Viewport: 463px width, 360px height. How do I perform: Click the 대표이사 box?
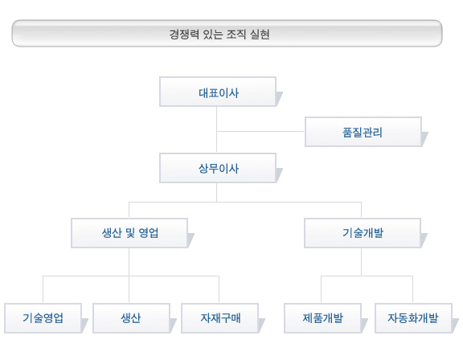[x=218, y=92]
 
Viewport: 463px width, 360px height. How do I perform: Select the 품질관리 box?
[x=363, y=132]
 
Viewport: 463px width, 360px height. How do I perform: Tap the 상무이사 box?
[x=218, y=168]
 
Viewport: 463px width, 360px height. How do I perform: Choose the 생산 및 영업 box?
[x=129, y=233]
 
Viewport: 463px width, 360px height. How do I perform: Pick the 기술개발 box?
[x=363, y=233]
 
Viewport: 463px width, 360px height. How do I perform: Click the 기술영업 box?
[x=43, y=318]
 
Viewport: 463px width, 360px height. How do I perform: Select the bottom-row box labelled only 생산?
[x=131, y=318]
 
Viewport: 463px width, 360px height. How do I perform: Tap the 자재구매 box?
[x=219, y=318]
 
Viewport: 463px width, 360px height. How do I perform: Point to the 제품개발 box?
[x=322, y=318]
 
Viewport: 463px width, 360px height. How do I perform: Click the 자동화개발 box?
[x=413, y=318]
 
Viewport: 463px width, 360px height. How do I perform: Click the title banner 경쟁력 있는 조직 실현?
[x=227, y=33]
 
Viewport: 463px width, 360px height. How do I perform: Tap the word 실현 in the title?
[x=260, y=35]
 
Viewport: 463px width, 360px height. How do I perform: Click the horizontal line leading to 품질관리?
[x=260, y=131]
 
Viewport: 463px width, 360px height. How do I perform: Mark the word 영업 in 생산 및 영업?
[x=149, y=233]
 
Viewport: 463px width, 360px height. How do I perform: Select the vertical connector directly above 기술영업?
[x=43, y=289]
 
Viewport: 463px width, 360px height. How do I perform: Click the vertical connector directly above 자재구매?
[x=219, y=289]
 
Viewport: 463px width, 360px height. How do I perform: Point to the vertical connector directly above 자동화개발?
[x=412, y=289]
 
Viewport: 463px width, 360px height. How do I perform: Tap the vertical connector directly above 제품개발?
[x=321, y=289]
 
